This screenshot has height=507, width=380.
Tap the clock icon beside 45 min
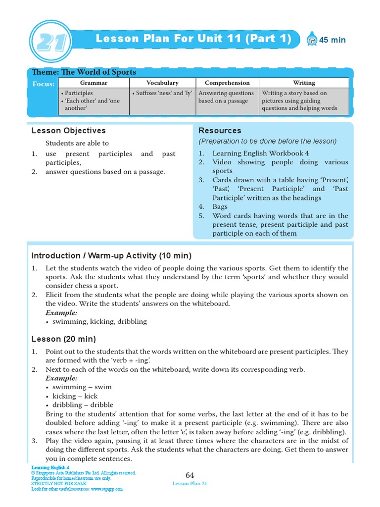312,39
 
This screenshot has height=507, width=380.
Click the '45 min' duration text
332,40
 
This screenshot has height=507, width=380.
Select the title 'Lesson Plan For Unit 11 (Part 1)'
193,39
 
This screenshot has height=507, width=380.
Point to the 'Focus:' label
44,84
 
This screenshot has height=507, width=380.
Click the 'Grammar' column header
94,83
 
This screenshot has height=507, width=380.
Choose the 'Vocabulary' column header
162,83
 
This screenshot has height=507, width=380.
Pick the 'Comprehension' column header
227,83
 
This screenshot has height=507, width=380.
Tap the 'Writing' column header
303,83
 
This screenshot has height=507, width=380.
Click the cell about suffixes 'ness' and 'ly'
162,93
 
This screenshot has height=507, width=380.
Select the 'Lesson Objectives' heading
68,131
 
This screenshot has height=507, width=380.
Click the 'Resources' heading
220,131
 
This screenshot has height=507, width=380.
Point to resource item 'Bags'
220,207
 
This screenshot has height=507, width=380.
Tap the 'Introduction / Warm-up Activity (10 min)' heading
111,256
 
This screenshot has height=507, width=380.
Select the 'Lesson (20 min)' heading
64,339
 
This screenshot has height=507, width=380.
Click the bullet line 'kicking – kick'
75,396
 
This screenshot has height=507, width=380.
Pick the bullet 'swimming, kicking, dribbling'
99,321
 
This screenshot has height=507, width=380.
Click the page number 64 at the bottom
190,475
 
